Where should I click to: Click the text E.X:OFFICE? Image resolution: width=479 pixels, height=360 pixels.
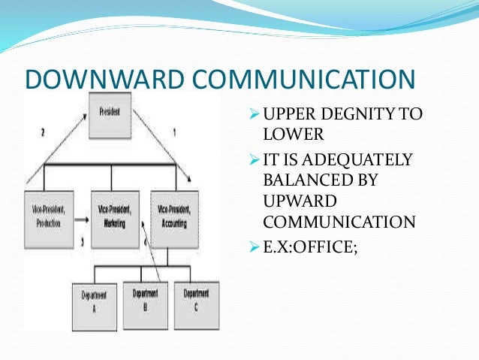[310, 244]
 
